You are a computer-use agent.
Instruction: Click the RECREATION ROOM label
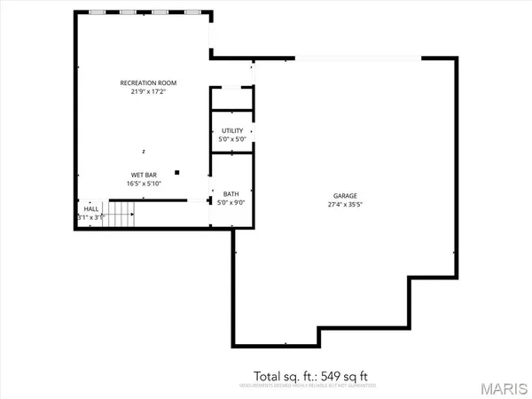[x=144, y=82]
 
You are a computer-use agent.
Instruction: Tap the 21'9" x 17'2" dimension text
[x=144, y=91]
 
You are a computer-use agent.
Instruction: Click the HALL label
[x=91, y=208]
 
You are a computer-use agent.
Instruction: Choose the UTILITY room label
[x=232, y=131]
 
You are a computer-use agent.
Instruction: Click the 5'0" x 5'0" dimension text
[x=232, y=140]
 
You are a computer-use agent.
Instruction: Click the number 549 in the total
[x=323, y=374]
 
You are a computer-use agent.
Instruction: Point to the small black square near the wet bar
[x=177, y=172]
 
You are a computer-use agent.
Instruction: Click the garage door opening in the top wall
[x=358, y=59]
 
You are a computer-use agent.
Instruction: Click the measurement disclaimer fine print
[x=305, y=386]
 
